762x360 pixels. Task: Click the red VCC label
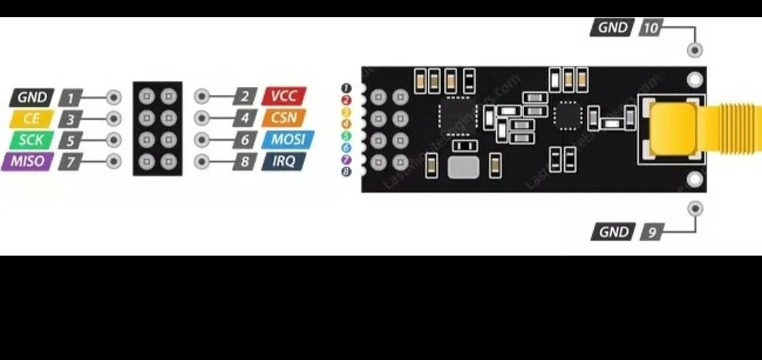click(283, 96)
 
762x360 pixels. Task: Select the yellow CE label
click(31, 119)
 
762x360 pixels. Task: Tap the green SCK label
click(31, 140)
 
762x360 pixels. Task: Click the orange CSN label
click(283, 118)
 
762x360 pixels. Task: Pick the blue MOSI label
click(287, 140)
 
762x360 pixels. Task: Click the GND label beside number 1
click(32, 97)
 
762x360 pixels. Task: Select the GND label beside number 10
click(613, 28)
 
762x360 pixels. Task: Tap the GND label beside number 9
click(613, 232)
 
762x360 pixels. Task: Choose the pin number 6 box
click(244, 140)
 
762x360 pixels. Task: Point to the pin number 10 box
click(651, 28)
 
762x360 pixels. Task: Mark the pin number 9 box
click(651, 232)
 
